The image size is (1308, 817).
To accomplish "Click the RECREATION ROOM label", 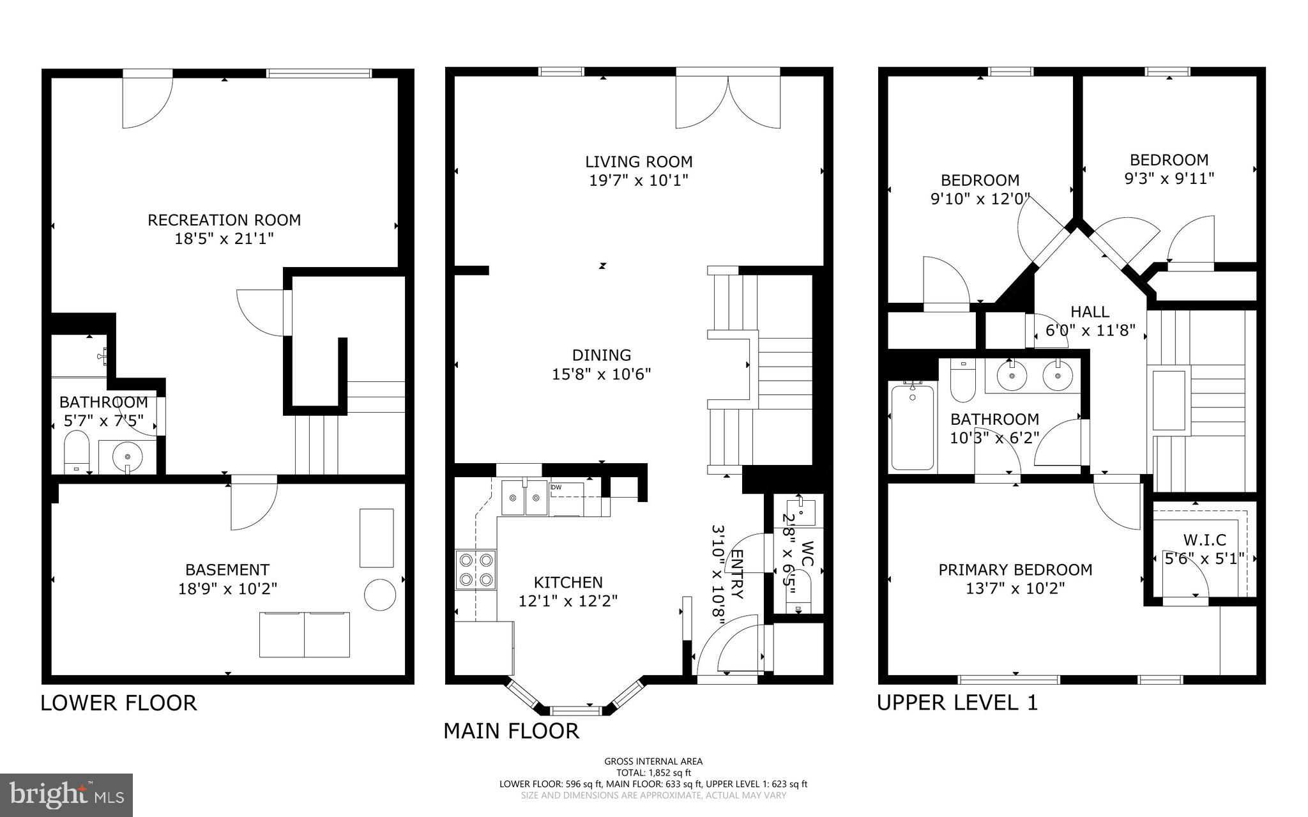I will (x=224, y=220).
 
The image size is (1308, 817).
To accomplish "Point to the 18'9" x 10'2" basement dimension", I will (x=227, y=588).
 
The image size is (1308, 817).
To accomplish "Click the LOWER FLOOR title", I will (x=119, y=703).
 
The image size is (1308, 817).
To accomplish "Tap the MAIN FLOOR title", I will (x=511, y=731).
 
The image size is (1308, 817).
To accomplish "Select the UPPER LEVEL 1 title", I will (x=957, y=703).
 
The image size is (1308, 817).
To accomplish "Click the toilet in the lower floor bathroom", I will (x=76, y=451).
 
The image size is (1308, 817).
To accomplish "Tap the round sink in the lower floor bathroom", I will (x=128, y=457).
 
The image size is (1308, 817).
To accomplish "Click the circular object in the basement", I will (x=379, y=594).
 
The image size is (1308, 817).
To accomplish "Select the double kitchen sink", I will (x=524, y=498).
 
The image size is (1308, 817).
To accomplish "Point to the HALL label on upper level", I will (x=1090, y=312).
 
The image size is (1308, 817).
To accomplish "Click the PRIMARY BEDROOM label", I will (x=1015, y=570).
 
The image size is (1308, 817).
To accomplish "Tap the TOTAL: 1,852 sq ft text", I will (x=653, y=772).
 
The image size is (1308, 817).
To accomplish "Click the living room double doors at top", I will (x=728, y=102).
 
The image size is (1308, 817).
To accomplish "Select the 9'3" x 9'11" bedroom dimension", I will (x=1169, y=179).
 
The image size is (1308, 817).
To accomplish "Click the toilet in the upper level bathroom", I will (x=962, y=379).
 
